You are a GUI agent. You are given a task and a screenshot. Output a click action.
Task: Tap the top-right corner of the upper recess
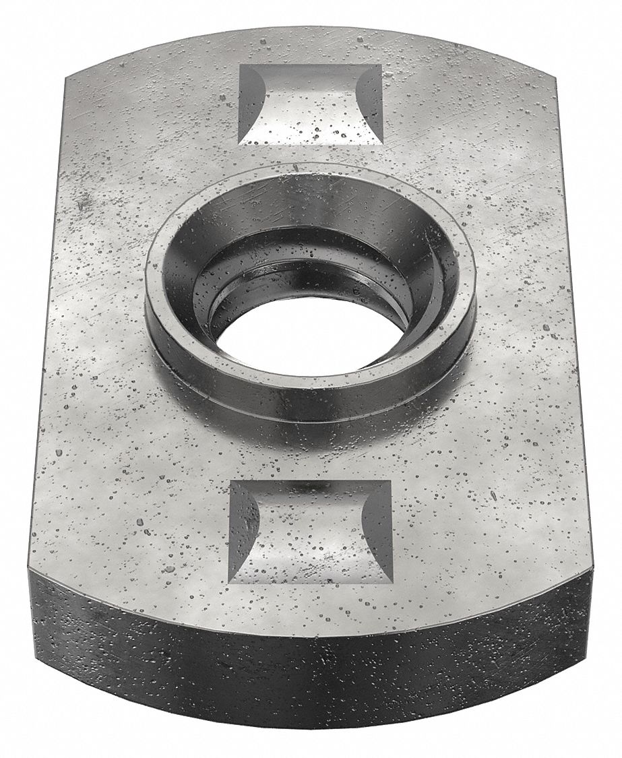pyautogui.click(x=382, y=65)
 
